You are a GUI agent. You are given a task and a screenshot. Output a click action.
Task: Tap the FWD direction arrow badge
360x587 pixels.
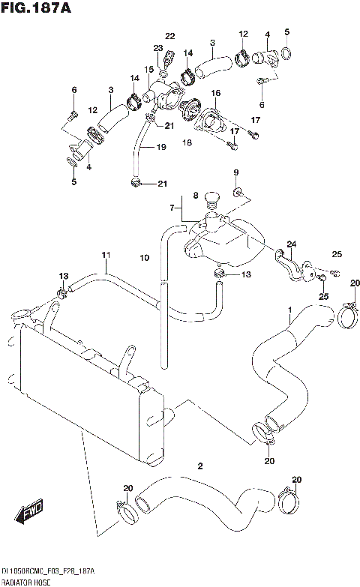pyautogui.click(x=29, y=515)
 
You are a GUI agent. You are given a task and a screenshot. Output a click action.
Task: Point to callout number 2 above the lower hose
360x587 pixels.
pyautogui.click(x=199, y=466)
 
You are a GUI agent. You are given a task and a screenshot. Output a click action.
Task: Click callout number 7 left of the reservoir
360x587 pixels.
pyautogui.click(x=171, y=206)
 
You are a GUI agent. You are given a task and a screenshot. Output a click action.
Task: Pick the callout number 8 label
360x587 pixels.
pyautogui.click(x=195, y=196)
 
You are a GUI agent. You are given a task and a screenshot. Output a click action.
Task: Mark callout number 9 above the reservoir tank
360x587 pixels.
pyautogui.click(x=235, y=173)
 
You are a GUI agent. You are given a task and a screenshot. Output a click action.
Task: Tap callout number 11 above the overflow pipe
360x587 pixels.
pyautogui.click(x=106, y=255)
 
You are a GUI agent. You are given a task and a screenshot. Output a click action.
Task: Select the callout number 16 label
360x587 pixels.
pyautogui.click(x=215, y=93)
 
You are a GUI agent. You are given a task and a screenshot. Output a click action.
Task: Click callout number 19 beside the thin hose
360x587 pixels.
pyautogui.click(x=160, y=148)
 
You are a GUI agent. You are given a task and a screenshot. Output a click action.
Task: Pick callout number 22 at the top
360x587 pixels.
pyautogui.click(x=169, y=36)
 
